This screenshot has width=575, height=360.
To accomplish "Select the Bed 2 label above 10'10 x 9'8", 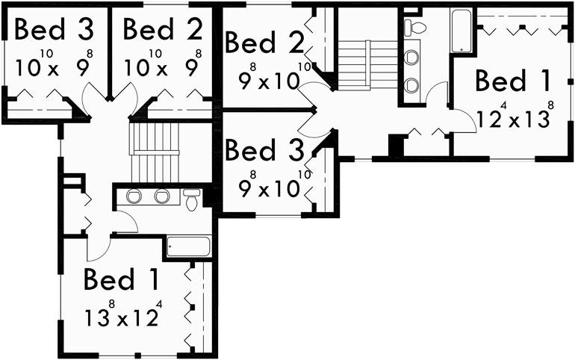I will (162, 29).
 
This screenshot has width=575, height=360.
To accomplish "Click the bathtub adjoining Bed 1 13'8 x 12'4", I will (189, 246).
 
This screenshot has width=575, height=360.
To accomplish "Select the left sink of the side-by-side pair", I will (135, 197).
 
